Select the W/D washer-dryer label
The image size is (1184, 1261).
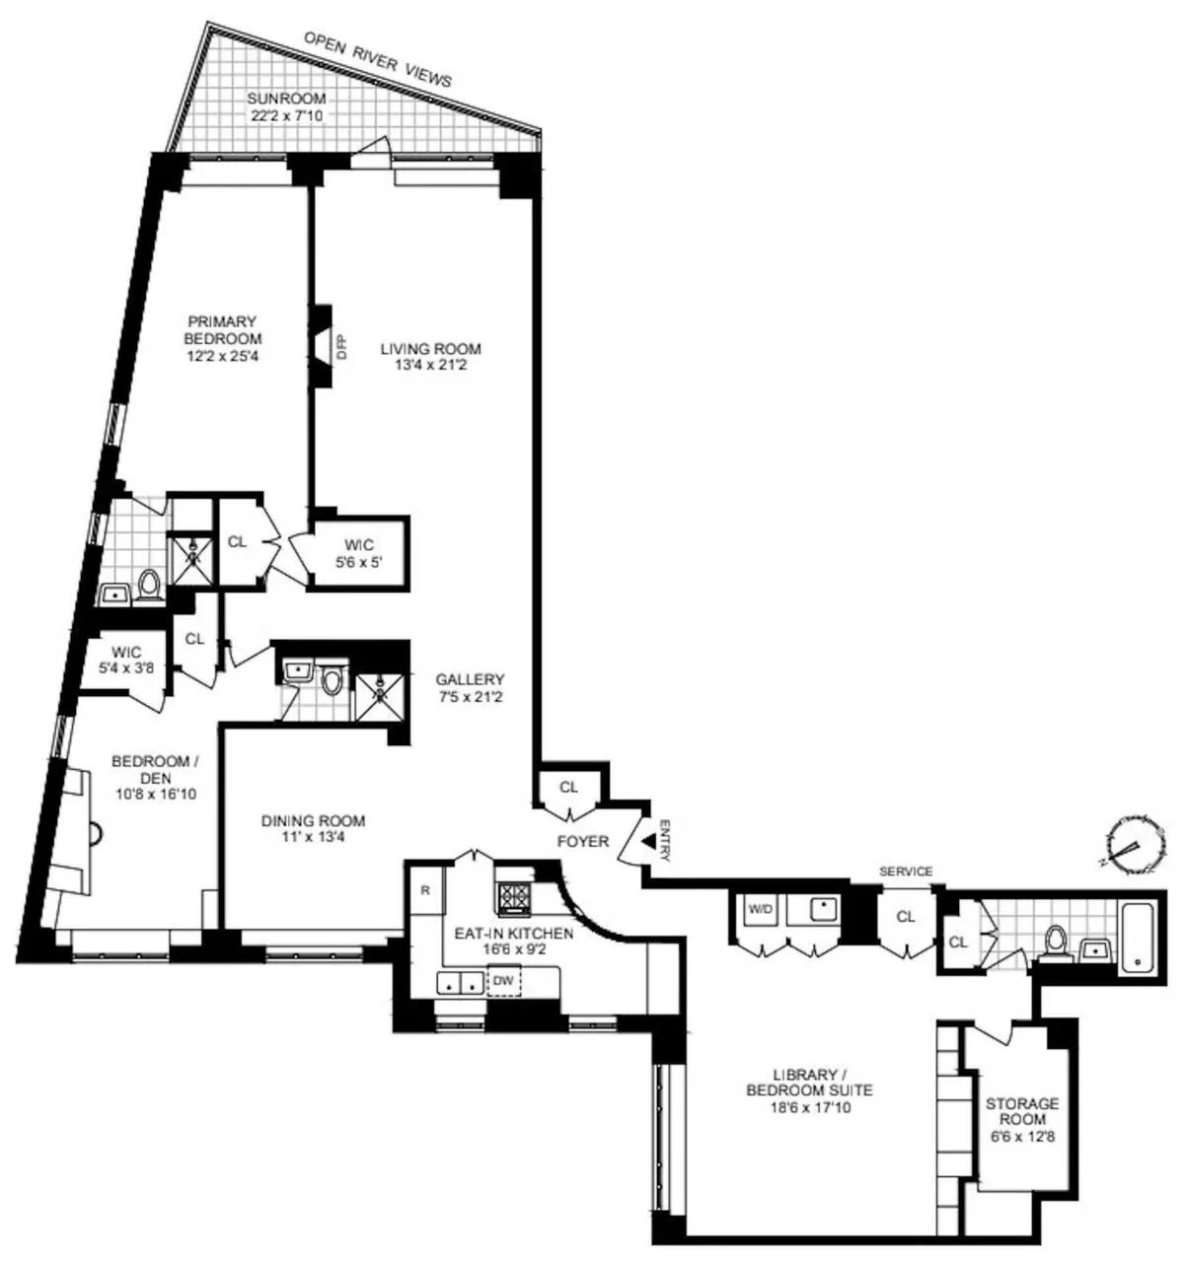tap(760, 909)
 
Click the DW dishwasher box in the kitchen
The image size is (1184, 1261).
tap(503, 981)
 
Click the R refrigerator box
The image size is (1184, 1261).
tap(425, 890)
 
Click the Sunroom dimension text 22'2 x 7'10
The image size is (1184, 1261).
tap(285, 115)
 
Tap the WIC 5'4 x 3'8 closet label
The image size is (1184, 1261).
tap(126, 660)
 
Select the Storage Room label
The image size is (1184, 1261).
tap(1022, 1111)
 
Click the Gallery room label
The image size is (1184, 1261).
tap(471, 679)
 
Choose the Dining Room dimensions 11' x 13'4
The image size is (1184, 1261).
tap(313, 838)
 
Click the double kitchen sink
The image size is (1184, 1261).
tap(462, 982)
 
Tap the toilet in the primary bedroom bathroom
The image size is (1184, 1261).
tap(150, 586)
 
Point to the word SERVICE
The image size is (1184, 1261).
tap(906, 872)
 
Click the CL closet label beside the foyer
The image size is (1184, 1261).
tap(568, 787)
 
